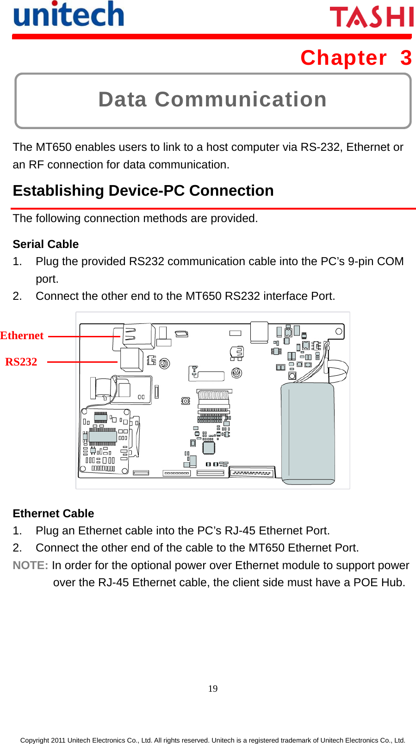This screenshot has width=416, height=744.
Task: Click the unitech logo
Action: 68,15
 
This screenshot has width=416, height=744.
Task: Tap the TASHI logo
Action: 372,17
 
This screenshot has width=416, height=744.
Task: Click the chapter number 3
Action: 406,58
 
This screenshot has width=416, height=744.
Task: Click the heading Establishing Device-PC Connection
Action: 143,191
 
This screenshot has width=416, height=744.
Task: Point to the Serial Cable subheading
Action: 45,244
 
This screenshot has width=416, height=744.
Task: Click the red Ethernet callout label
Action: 22,335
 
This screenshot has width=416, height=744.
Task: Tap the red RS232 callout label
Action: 21,362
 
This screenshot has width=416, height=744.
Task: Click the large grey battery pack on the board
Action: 308,433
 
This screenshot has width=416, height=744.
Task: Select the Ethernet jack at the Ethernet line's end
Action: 138,336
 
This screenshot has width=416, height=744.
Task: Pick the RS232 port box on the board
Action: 131,359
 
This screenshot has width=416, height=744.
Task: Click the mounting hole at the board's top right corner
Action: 339,331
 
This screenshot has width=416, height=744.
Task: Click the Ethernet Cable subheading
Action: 53,513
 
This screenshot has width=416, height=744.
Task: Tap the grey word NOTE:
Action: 30,565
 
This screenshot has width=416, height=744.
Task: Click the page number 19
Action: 212,688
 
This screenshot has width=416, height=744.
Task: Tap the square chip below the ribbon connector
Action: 209,447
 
